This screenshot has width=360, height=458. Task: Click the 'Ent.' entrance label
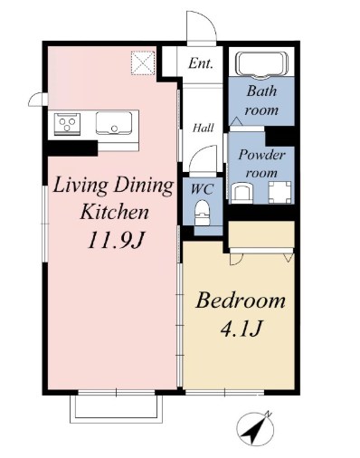coord(201,63)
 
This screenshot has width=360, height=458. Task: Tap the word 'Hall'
coord(204,128)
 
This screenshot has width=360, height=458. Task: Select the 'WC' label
coord(202,189)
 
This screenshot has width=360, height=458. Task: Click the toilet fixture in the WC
coord(202,213)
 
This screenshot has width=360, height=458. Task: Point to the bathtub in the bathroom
coord(261,65)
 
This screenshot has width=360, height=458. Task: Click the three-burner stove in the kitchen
coord(67,124)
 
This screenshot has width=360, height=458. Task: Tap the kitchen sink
coord(114,123)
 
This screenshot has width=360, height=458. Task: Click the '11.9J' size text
coord(114,241)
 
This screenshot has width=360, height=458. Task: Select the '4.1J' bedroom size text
coord(241,329)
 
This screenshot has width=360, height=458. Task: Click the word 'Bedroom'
coord(241,301)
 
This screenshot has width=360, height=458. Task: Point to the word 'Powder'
coord(261,155)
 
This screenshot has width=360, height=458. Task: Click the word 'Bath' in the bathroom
coord(261,91)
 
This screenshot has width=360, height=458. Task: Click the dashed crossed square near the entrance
coord(143,63)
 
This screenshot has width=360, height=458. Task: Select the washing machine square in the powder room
coord(279,192)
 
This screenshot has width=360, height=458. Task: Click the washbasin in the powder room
coord(242,194)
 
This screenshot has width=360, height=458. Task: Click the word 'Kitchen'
coord(114,212)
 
